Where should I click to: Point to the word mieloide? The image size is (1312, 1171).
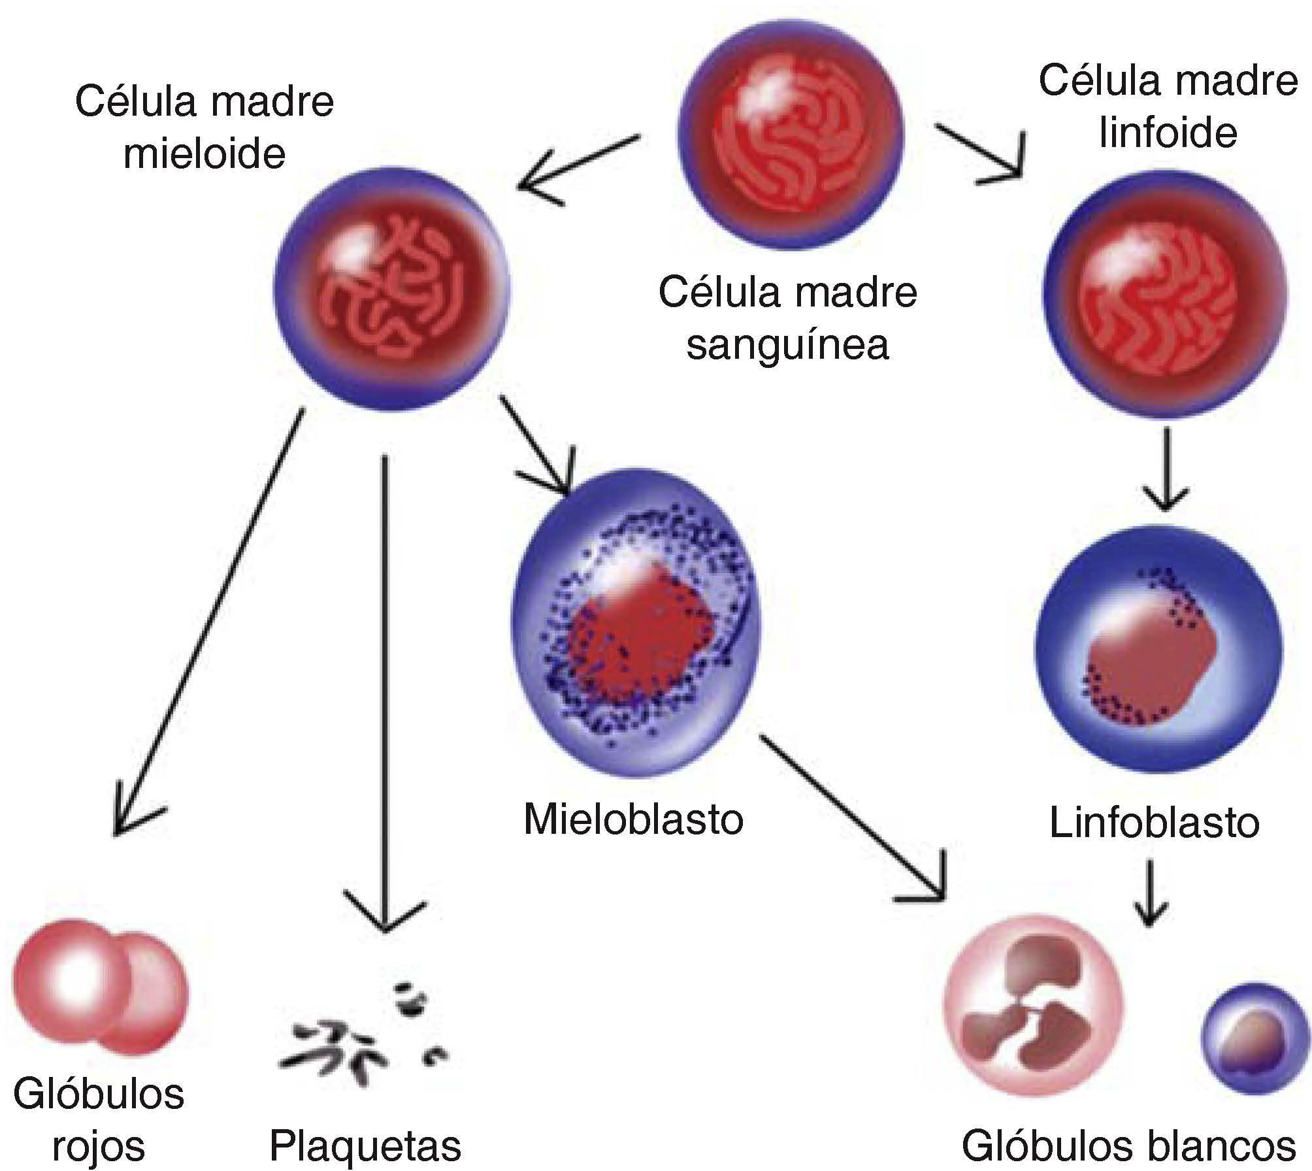(x=205, y=154)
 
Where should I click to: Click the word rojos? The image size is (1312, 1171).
(x=98, y=1146)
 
